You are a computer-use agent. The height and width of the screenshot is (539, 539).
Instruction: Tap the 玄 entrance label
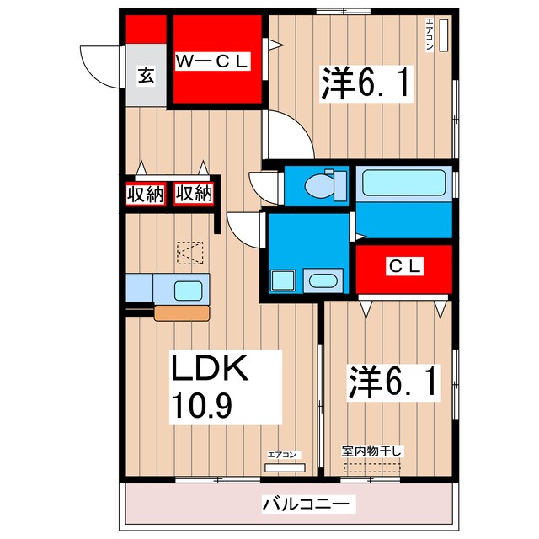click(145, 77)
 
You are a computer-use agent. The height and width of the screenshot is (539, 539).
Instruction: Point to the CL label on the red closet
click(403, 267)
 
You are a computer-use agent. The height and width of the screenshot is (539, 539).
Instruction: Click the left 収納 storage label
click(144, 194)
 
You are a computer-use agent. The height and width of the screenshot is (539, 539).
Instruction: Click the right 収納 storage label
click(195, 194)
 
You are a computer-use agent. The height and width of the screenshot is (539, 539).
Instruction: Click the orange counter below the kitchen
click(181, 312)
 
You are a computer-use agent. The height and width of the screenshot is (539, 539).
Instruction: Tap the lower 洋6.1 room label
click(392, 382)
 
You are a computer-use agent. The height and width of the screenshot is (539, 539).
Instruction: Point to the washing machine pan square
click(281, 280)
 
